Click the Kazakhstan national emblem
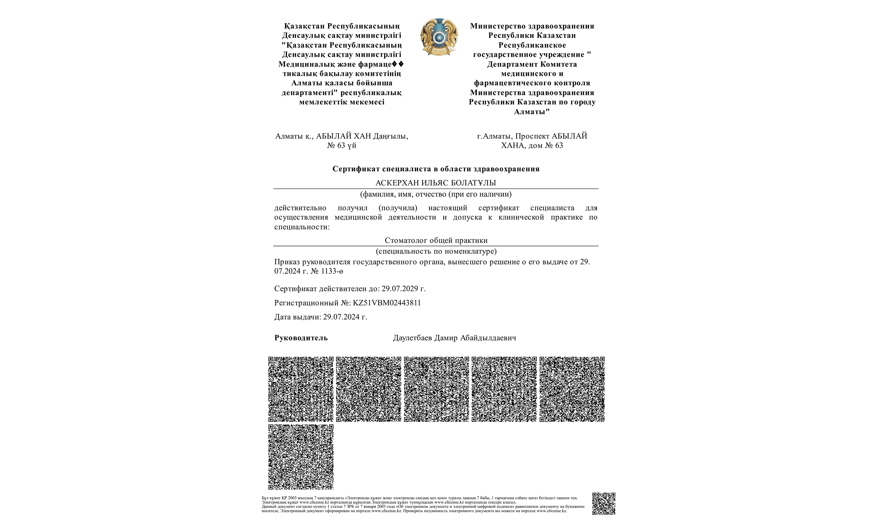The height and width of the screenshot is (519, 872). click(439, 37)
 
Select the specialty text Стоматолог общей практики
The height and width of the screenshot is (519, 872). click(436, 240)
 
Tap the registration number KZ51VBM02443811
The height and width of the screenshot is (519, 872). click(387, 303)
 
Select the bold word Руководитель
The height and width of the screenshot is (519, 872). click(301, 338)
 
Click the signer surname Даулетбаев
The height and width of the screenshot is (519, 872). click(412, 338)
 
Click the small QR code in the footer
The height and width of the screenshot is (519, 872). click(603, 504)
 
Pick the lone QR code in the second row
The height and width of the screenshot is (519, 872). click(301, 457)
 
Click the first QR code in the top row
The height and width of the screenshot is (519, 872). click(301, 389)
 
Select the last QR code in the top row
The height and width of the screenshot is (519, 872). click(572, 389)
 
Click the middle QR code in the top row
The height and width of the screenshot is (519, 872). click(436, 389)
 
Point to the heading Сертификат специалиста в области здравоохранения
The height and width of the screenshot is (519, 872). click(436, 169)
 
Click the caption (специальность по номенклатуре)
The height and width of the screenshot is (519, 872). click(436, 251)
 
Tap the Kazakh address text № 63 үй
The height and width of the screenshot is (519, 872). click(342, 145)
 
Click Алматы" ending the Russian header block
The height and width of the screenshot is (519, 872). click(532, 111)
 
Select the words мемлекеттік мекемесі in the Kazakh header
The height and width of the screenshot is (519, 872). click(342, 102)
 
